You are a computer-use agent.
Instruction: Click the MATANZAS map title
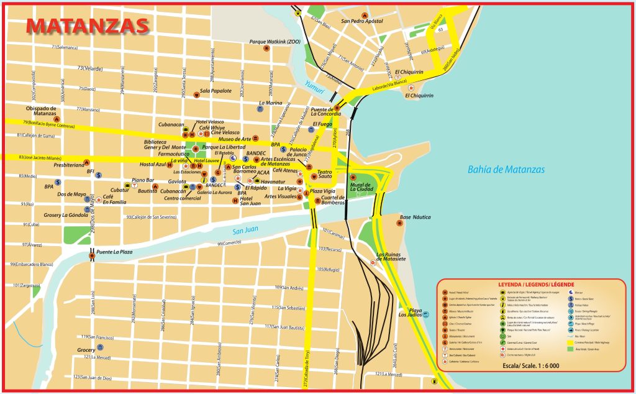tap(88, 25)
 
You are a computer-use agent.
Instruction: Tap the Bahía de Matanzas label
tap(506, 169)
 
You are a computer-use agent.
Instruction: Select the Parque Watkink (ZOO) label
tap(275, 42)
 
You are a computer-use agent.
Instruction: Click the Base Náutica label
tap(415, 217)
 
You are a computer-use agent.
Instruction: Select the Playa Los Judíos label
tap(414, 313)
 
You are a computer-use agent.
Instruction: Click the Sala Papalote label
tap(216, 90)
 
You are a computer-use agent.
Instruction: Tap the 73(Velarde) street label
tap(90, 68)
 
